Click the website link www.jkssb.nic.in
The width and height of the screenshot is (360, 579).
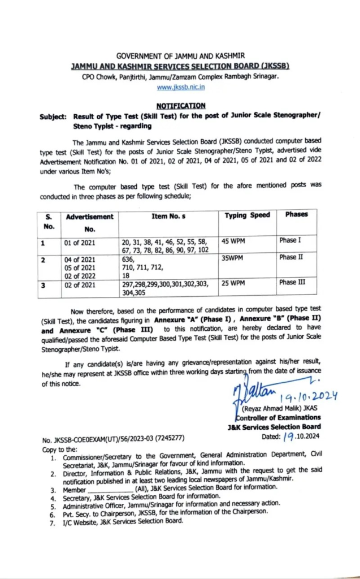tap(180, 87)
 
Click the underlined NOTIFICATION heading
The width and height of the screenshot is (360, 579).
tap(180, 106)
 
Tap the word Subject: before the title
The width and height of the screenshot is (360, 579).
tap(54, 117)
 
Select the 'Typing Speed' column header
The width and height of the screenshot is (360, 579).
tap(247, 215)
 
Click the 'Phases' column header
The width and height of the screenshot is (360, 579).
tap(296, 215)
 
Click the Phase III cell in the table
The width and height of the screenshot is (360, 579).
tap(293, 282)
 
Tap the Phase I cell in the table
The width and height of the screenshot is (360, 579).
tap(290, 240)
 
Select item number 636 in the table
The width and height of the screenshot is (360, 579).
tap(129, 257)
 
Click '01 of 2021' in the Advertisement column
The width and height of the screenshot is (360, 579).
tap(81, 243)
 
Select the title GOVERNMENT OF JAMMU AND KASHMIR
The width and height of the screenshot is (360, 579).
tap(180, 56)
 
